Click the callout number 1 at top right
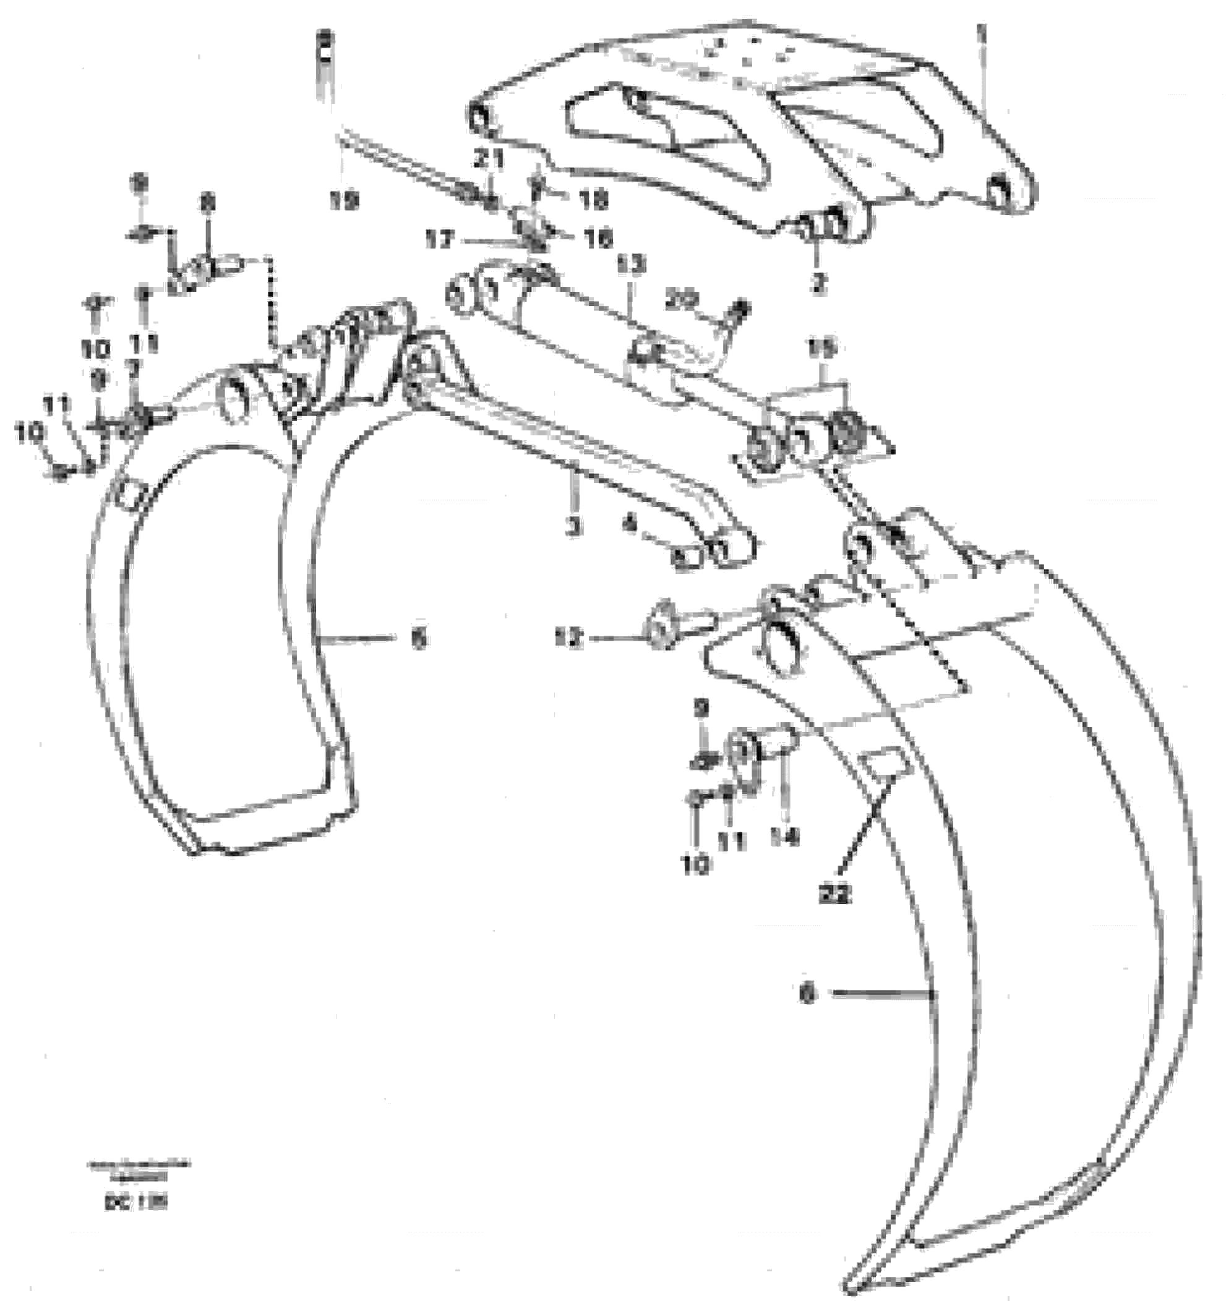coord(980,30)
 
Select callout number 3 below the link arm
coord(573,526)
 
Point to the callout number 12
coord(569,640)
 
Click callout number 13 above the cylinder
coord(631,265)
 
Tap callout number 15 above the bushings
coord(823,349)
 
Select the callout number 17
coord(439,241)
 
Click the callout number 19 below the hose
coord(345,202)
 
